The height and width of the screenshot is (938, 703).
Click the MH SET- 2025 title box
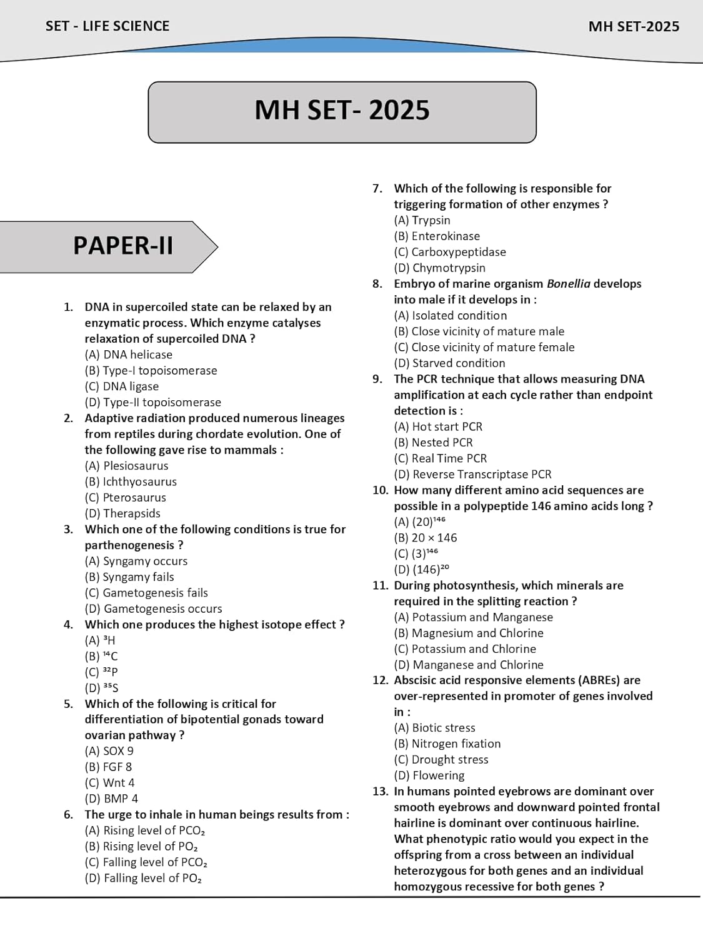point(342,111)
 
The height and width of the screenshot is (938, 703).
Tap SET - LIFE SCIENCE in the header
point(107,26)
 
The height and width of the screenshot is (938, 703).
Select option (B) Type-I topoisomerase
point(151,370)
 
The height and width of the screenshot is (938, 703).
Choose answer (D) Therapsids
point(123,513)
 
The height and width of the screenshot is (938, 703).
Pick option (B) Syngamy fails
point(129,577)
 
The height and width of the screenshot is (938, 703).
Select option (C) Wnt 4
point(110,782)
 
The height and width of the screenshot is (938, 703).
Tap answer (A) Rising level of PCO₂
point(145,830)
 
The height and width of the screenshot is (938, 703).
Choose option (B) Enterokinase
point(437,236)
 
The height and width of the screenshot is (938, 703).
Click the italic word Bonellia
point(568,283)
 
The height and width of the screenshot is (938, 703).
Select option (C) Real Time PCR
point(441,458)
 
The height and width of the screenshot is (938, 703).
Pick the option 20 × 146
point(426,538)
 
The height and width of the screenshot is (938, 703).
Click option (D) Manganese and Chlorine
point(469,665)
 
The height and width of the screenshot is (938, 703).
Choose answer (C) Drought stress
point(441,759)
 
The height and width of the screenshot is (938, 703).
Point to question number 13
point(380,791)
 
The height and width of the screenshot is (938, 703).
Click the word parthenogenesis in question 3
point(129,545)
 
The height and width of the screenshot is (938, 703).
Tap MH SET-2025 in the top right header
point(634,26)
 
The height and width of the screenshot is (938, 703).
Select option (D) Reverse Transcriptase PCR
point(473,474)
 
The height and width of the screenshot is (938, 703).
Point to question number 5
point(68,703)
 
